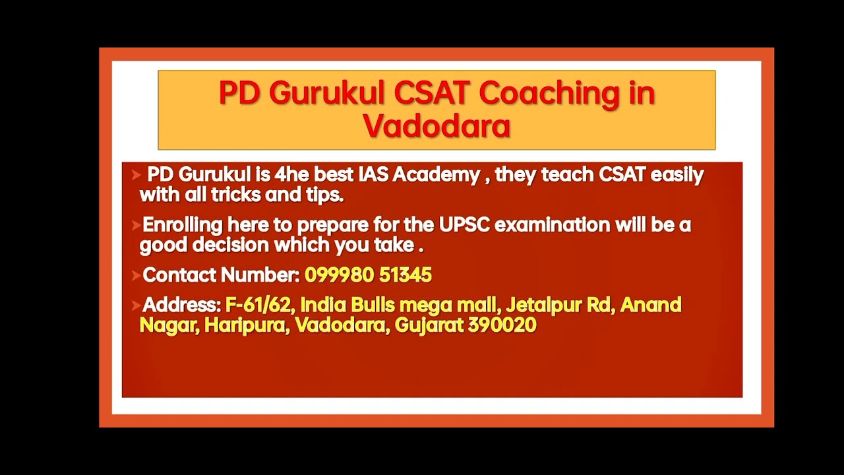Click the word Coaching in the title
549,94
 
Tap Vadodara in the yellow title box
437,126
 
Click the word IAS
375,175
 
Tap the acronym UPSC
464,225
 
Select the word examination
553,225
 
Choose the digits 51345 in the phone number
406,275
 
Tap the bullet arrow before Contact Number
136,276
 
